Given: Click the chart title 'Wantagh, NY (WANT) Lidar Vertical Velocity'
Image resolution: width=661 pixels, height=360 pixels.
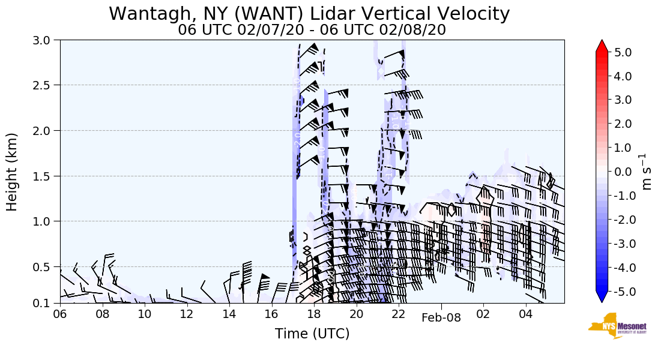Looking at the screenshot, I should [309, 14].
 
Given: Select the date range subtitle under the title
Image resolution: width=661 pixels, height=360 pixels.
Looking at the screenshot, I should [312, 30].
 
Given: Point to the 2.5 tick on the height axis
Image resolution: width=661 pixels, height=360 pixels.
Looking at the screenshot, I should [46, 85].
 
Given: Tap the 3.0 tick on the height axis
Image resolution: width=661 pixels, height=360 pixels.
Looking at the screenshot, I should [46, 40].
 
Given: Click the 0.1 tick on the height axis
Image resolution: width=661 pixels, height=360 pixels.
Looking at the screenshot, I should [46, 303].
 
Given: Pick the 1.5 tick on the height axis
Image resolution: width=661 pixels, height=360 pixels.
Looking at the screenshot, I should [46, 176].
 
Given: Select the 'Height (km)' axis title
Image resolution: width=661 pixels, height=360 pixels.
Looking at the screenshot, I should [13, 172].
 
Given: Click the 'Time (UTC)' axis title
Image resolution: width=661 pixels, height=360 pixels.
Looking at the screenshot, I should [312, 334].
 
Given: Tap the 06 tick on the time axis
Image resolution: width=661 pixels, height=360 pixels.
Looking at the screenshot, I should [60, 314].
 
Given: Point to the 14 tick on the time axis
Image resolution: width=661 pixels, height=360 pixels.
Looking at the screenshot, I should [229, 314].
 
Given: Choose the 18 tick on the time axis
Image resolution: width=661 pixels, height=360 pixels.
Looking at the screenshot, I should [314, 314].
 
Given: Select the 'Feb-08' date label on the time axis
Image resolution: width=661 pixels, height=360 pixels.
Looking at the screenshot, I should [441, 318].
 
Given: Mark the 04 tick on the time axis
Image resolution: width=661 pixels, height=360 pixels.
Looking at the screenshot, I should [526, 314].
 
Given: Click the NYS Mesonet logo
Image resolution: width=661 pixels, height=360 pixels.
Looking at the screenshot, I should [614, 326].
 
